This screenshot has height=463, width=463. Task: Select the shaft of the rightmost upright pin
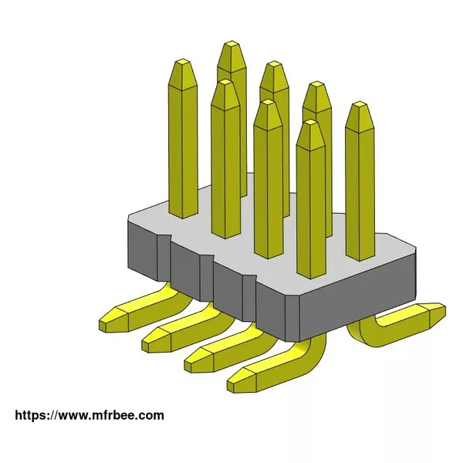[360, 191]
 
